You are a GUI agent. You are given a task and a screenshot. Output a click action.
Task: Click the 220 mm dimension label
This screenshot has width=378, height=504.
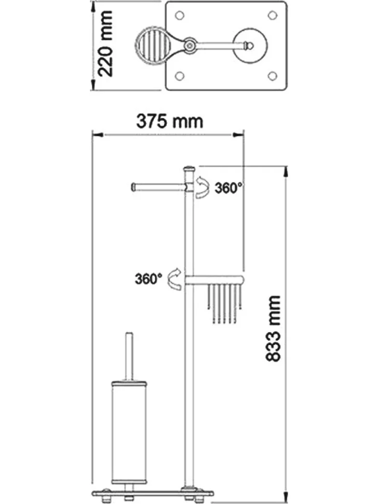pyautogui.click(x=105, y=44)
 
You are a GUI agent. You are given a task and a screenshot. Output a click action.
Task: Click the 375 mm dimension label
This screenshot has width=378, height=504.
pyautogui.click(x=170, y=122)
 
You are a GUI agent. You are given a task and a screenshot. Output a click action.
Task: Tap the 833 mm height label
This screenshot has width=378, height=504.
pyautogui.click(x=274, y=328)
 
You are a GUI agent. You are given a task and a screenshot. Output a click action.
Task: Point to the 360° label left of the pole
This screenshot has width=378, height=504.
pyautogui.click(x=148, y=278)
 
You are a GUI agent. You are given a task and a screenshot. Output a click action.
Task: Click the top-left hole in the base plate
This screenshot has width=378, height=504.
pyautogui.click(x=180, y=15)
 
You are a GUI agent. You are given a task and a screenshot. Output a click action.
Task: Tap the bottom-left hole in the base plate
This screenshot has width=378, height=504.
pyautogui.click(x=180, y=76)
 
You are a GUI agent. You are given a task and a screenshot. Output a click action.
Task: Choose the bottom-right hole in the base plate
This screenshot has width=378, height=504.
pyautogui.click(x=273, y=76)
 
